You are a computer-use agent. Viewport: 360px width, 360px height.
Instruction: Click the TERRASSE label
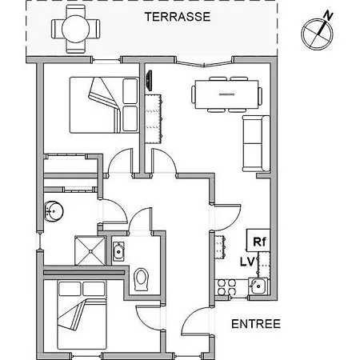click(178, 17)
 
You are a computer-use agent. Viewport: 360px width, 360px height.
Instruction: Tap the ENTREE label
click(256, 324)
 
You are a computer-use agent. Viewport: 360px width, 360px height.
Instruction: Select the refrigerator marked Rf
click(258, 240)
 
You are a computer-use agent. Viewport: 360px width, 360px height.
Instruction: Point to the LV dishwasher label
click(248, 262)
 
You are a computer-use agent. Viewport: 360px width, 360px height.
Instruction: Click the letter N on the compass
click(328, 16)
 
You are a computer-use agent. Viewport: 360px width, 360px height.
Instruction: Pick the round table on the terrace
click(75, 29)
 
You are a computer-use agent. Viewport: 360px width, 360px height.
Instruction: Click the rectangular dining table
click(226, 94)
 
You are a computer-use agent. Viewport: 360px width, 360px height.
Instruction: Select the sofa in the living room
click(256, 143)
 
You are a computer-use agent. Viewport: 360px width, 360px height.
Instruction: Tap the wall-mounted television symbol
click(150, 80)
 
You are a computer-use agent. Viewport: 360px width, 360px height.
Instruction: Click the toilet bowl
click(142, 279)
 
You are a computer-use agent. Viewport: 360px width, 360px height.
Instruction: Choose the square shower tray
click(90, 250)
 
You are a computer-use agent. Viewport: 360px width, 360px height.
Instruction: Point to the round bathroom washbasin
click(54, 211)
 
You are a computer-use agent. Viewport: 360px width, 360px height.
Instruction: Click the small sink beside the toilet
click(118, 251)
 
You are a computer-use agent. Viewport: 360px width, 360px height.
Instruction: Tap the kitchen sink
click(258, 286)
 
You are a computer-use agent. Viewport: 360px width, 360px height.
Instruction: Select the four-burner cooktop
click(226, 287)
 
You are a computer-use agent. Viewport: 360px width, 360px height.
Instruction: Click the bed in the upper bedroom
click(104, 105)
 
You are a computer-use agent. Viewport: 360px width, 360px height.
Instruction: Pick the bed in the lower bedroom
click(82, 314)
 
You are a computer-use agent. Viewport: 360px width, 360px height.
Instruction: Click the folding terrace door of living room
click(204, 64)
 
